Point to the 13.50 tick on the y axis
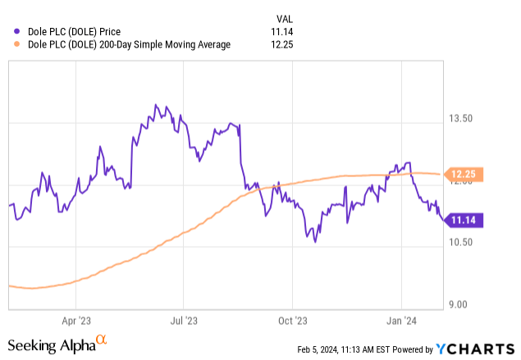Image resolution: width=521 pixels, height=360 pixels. coord(459,119)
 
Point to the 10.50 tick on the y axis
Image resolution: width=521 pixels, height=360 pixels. coord(459,243)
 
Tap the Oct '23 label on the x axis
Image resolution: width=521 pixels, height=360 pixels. coord(292,321)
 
